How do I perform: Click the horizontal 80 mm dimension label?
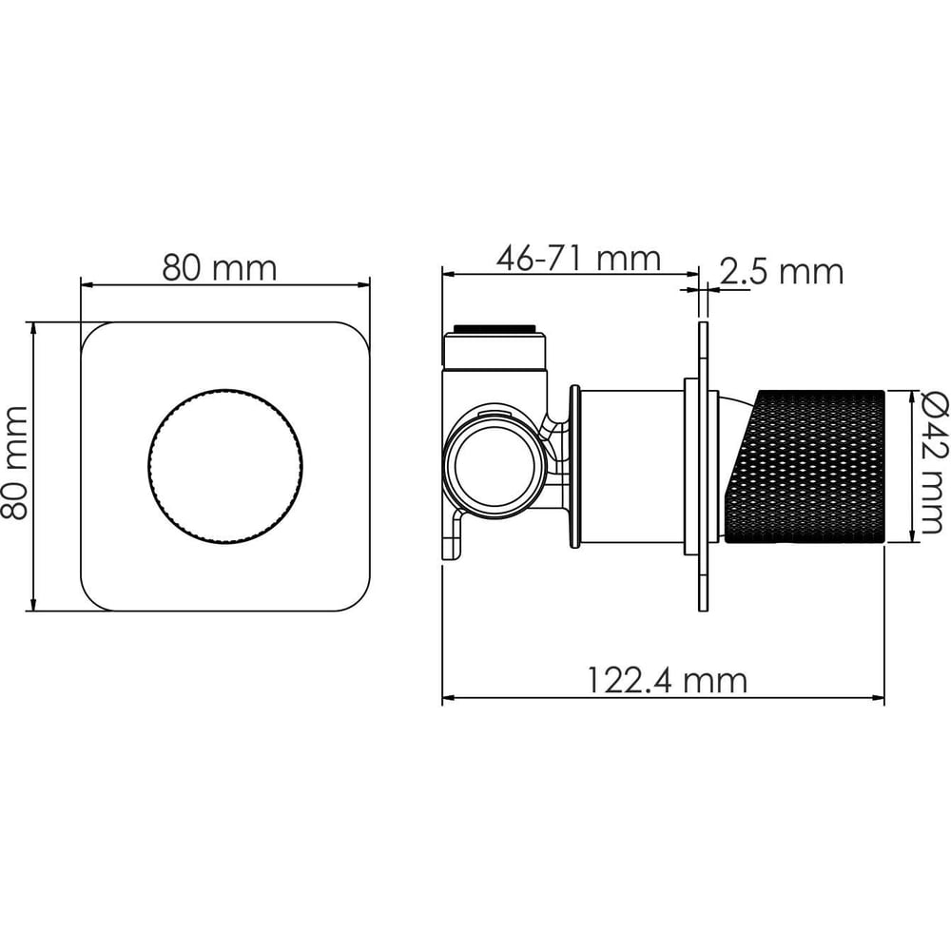coord(219,267)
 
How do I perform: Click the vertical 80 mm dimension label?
coord(14,464)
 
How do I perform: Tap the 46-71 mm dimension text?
coord(578,259)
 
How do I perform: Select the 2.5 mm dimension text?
coord(782,271)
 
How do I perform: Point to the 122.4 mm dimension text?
coord(668,681)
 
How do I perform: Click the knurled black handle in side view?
coord(805,467)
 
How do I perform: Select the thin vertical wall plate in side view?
coord(703,466)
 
